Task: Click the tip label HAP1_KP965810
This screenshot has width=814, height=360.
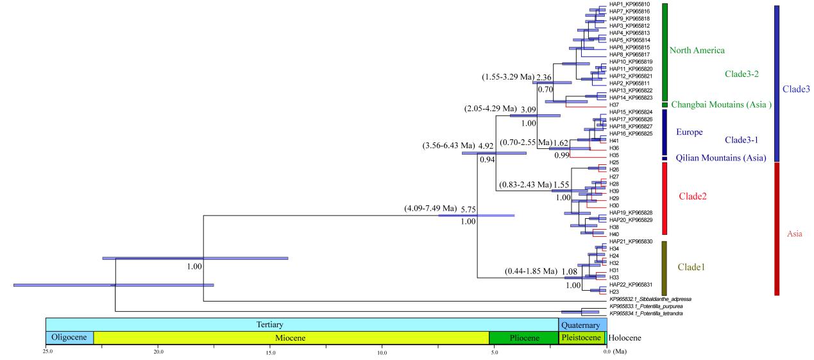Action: click(629, 4)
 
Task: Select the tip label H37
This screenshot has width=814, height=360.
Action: click(614, 105)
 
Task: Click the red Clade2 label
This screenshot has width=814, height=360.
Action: click(692, 196)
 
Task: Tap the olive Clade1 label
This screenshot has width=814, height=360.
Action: click(691, 267)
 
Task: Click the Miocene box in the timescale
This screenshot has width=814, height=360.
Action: click(291, 338)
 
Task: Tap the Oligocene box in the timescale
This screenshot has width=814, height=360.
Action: click(69, 338)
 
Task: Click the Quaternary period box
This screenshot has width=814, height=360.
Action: click(582, 325)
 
